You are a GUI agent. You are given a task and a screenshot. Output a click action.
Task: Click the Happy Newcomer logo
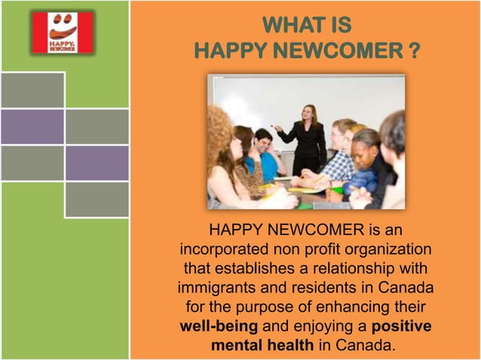63,32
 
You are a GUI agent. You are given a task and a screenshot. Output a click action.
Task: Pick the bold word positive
402,328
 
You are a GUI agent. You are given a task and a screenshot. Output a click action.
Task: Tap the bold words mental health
262,346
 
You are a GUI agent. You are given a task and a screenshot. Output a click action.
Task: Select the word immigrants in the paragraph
220,288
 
